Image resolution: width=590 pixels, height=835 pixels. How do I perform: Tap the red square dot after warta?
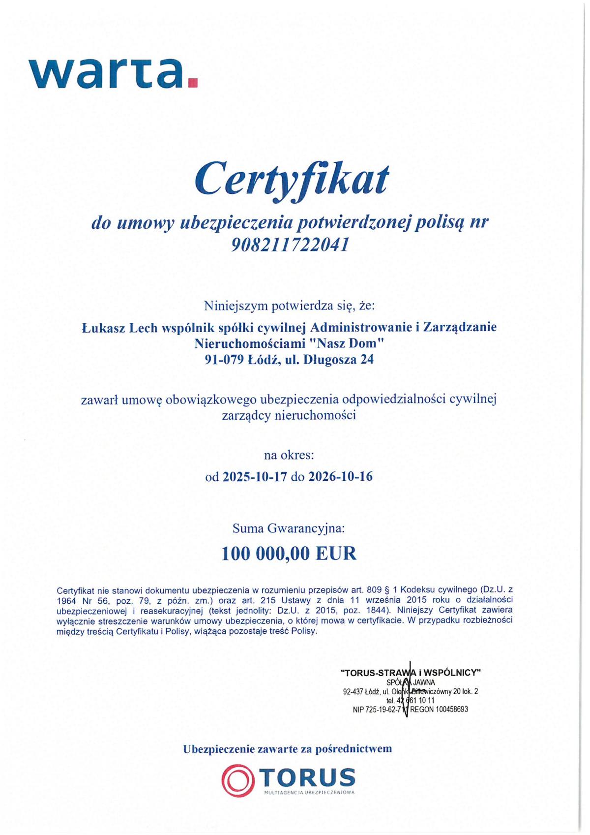193,83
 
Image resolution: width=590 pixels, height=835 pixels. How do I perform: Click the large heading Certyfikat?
292,179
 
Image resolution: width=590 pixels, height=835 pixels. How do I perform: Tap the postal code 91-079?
224,360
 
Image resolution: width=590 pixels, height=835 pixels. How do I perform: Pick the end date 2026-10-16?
340,476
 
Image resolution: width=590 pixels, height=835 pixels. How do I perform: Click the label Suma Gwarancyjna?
289,529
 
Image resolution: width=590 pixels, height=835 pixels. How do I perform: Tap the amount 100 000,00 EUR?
289,554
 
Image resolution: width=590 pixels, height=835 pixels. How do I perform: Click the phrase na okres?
289,455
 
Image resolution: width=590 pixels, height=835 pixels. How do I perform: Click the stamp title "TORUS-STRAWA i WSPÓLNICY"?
411,672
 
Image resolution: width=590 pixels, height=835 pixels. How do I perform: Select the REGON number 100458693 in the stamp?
451,709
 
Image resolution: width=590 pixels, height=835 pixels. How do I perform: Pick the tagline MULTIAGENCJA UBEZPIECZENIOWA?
309,793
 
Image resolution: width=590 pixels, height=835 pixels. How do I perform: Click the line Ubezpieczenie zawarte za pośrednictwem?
288,749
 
